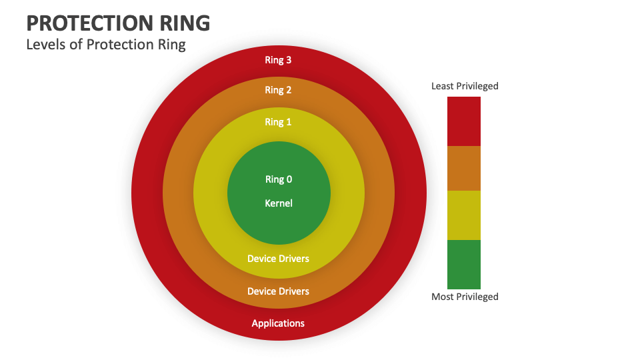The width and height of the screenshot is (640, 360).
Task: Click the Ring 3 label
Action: [278, 60]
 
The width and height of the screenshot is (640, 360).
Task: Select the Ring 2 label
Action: [278, 90]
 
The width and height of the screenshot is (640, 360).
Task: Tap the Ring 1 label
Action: [278, 122]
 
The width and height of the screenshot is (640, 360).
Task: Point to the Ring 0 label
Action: [279, 179]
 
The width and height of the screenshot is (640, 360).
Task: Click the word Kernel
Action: [279, 203]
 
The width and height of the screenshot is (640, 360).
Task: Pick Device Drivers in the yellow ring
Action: [278, 259]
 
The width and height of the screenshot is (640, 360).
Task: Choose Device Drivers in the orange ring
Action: [278, 291]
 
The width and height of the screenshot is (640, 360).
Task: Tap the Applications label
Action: [278, 323]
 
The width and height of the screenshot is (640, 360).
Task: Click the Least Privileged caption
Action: [465, 86]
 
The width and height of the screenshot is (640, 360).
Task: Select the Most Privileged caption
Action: [465, 297]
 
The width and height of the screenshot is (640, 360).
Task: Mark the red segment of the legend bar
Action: [464, 121]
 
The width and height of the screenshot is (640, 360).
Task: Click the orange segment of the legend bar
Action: [464, 168]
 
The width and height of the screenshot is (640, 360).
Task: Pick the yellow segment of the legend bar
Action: [464, 215]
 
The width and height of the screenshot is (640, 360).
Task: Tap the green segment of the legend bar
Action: [464, 264]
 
